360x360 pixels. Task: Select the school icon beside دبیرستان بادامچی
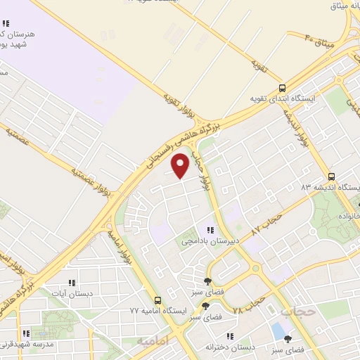point(210,230)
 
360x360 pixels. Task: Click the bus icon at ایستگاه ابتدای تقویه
point(282,89)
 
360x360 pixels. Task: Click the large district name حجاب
point(296,310)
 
